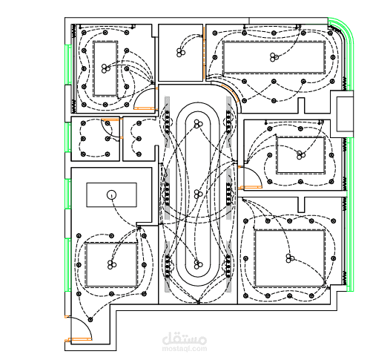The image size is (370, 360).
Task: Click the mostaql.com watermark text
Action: coord(185,349)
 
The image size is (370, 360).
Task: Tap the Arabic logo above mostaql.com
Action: coord(185,338)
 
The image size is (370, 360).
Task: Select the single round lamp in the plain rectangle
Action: coord(111,195)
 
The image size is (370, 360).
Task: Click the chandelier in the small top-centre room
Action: coord(181,53)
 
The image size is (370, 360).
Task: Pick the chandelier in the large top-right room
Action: coord(274,57)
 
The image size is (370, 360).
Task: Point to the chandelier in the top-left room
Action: coord(106,68)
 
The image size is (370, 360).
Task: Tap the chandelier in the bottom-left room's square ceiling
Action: coord(112,265)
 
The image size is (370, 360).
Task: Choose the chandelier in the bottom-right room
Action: coord(290,258)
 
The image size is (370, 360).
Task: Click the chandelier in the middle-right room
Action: coord(300,155)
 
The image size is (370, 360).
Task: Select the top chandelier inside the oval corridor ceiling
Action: coord(198,124)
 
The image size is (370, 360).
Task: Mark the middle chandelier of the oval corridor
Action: coord(198,194)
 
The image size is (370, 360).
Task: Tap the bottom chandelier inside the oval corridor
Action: coord(198,264)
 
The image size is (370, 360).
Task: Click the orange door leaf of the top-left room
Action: coord(144,108)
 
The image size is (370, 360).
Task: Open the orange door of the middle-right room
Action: coord(251,187)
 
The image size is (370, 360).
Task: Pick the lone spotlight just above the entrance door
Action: coord(90,319)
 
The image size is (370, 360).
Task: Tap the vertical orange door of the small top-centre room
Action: coord(204,51)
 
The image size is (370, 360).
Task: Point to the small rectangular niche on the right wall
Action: coord(345,114)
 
